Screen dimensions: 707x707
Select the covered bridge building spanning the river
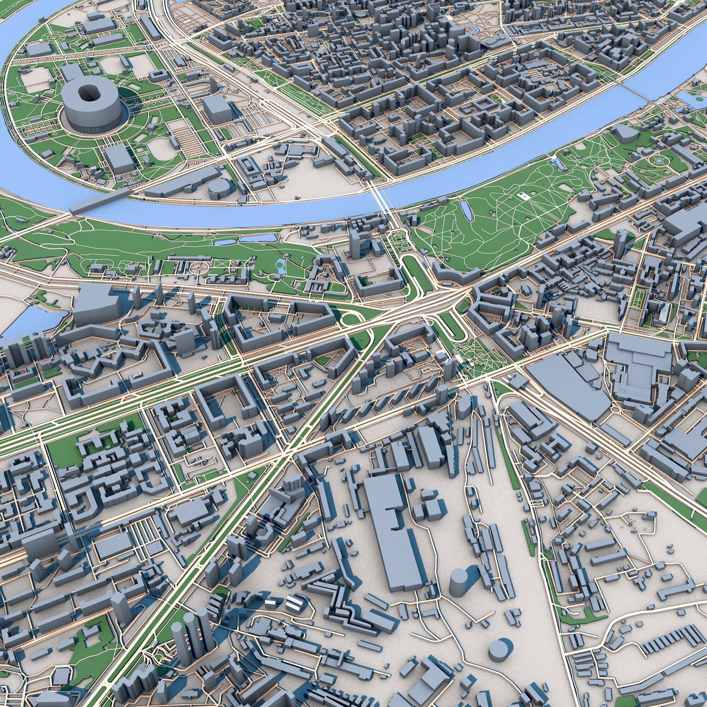pyautogui.click(x=100, y=201)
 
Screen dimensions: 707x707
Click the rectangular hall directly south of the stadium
pyautogui.click(x=120, y=160)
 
